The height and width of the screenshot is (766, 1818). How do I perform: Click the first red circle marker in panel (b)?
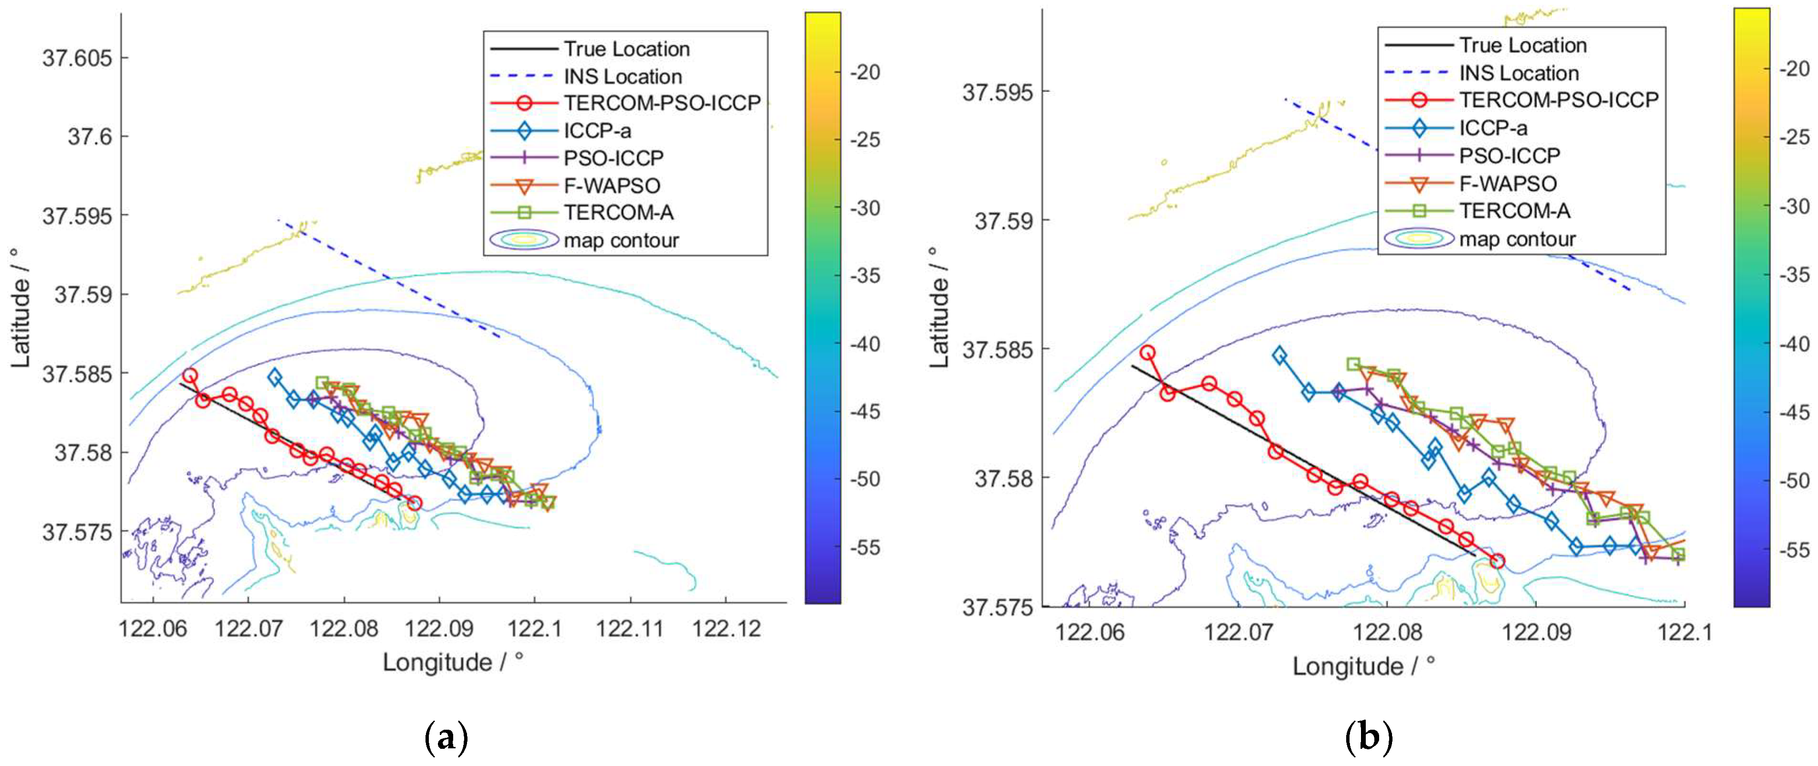(1148, 352)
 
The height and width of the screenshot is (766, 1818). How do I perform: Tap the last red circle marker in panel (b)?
(1497, 561)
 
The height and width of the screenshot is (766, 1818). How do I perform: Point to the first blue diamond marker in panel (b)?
(1279, 355)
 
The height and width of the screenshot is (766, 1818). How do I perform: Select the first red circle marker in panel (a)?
(189, 375)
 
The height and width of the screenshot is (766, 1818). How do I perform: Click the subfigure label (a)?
(446, 738)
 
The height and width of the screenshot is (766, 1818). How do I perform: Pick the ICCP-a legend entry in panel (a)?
(597, 130)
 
